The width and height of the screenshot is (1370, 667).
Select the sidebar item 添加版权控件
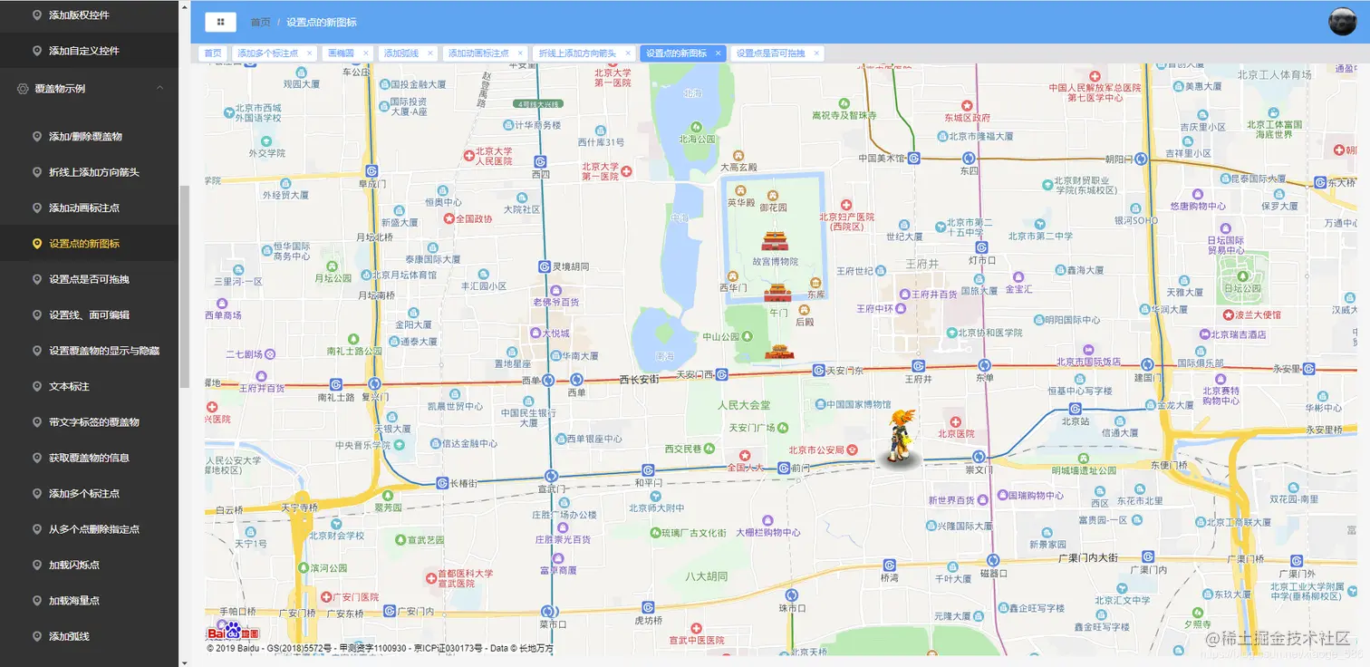[79, 15]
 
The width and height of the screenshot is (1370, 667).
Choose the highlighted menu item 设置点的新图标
[83, 244]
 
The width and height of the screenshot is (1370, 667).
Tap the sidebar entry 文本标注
[69, 386]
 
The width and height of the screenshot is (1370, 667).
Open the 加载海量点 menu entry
[73, 600]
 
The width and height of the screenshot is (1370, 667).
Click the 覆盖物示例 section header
[60, 89]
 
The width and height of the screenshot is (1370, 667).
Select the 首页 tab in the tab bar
[213, 53]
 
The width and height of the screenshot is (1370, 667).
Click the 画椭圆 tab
[341, 53]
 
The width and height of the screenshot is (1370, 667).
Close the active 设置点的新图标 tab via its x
[719, 53]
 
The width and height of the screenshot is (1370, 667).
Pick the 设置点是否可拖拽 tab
[770, 53]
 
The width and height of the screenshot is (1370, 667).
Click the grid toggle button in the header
[220, 22]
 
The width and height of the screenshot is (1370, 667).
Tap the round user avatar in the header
[1341, 22]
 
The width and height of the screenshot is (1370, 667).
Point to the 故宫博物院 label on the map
[775, 262]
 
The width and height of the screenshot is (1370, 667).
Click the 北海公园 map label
[697, 140]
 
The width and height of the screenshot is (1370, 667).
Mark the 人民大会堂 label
[744, 405]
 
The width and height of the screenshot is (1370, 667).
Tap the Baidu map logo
[233, 632]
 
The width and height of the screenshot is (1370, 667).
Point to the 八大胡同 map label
[706, 576]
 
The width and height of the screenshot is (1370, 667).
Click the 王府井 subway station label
[919, 380]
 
